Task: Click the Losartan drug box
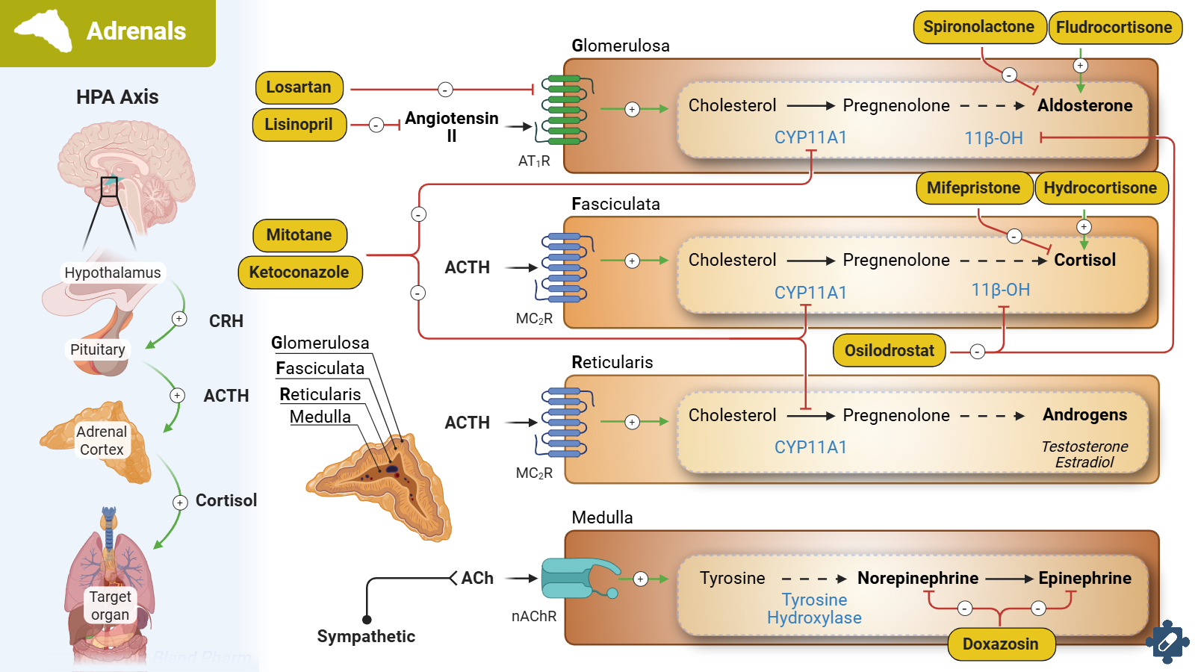pyautogui.click(x=299, y=87)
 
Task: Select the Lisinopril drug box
pyautogui.click(x=299, y=125)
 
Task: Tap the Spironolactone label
pyautogui.click(x=978, y=27)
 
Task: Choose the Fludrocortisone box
pyautogui.click(x=1114, y=28)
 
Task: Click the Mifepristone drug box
pyautogui.click(x=973, y=188)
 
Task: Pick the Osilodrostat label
pyautogui.click(x=889, y=351)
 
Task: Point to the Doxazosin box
pyautogui.click(x=1000, y=644)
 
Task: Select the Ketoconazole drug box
pyautogui.click(x=299, y=273)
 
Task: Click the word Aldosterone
pyautogui.click(x=1084, y=106)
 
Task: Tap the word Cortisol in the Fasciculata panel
pyautogui.click(x=1084, y=261)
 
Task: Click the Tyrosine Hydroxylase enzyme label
pyautogui.click(x=814, y=609)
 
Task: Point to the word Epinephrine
pyautogui.click(x=1084, y=579)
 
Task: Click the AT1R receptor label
pyautogui.click(x=534, y=161)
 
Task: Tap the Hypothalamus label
pyautogui.click(x=112, y=273)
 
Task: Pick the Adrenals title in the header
pyautogui.click(x=136, y=31)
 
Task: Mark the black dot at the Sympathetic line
pyautogui.click(x=367, y=620)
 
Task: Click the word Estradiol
pyautogui.click(x=1084, y=463)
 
